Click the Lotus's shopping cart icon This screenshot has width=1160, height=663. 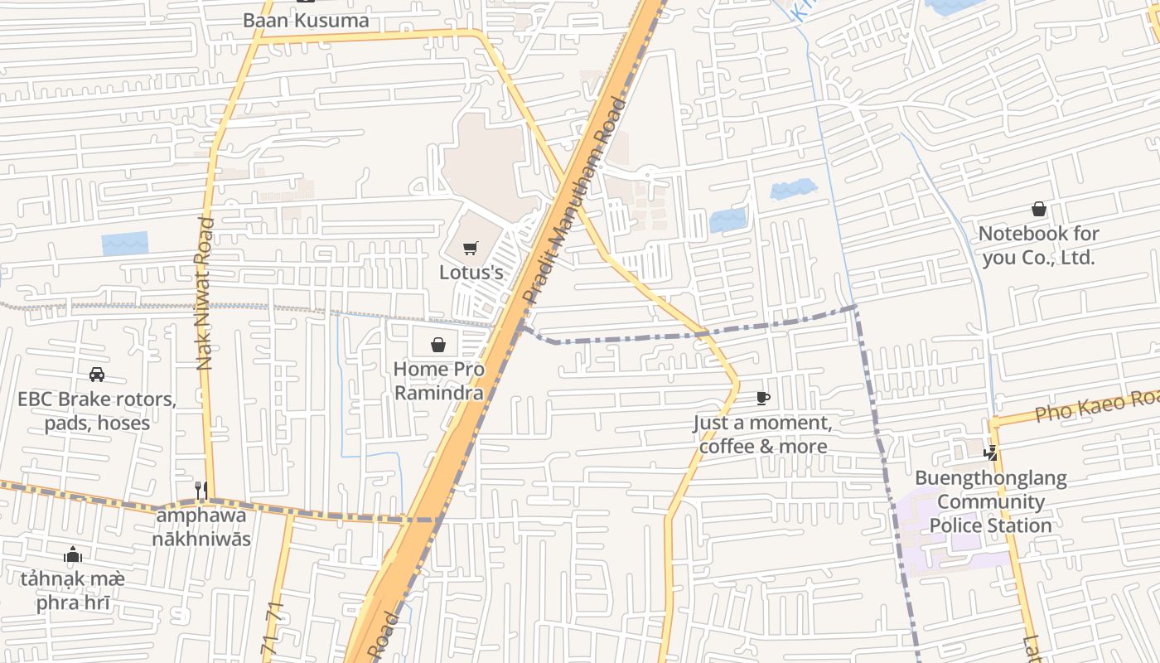point(471,248)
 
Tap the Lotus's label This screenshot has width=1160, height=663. point(471,272)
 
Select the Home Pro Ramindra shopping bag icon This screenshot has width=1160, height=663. point(438,345)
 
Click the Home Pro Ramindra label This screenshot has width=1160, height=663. point(438,380)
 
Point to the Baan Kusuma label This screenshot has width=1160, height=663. point(306,20)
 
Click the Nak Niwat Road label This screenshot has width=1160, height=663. point(205,293)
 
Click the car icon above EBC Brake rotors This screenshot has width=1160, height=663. point(97,375)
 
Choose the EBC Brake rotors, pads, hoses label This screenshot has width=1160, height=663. point(97,411)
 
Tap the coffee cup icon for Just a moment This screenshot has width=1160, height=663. point(763,399)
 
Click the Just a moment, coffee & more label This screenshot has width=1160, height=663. point(763,434)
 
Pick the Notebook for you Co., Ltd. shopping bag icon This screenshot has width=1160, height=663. point(1038,210)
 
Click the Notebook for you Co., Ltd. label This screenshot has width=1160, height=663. point(1038,245)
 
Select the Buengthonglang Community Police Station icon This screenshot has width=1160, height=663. point(990,453)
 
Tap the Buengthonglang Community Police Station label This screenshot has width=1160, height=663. point(990,501)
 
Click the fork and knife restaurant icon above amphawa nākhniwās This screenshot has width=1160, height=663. point(201,490)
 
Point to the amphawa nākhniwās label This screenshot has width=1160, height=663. point(201,526)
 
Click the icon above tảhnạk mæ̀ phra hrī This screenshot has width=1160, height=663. point(73,554)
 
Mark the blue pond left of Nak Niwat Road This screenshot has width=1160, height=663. point(125,243)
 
